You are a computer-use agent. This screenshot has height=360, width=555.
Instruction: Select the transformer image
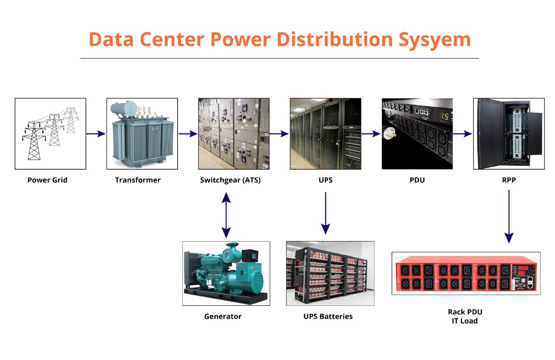142,133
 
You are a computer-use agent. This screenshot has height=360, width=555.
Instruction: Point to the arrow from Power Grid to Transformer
96,133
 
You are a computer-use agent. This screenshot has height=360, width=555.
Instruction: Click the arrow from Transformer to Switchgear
188,133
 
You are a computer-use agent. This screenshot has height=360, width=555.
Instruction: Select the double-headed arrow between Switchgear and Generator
226,215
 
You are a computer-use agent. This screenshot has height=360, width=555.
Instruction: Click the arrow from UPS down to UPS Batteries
325,213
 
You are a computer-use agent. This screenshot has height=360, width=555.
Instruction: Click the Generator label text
222,316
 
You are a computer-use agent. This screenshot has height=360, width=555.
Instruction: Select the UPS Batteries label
328,316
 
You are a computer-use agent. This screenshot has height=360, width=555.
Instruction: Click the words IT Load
465,321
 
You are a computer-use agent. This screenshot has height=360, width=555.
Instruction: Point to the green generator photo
226,273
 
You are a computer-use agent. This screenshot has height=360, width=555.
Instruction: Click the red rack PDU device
466,273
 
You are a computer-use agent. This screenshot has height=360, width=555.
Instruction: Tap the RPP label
509,180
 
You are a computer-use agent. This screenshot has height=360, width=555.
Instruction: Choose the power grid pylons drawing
50,133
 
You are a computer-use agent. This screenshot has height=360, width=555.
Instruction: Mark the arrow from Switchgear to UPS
280,133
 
